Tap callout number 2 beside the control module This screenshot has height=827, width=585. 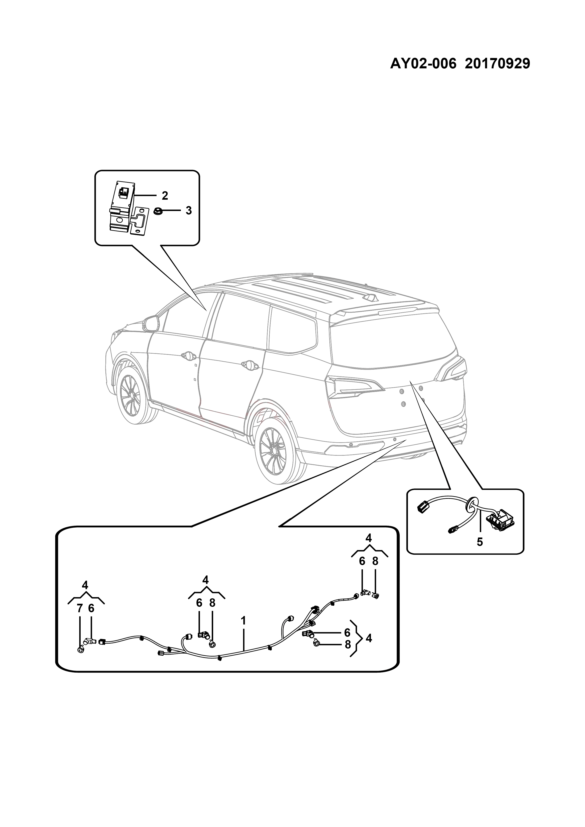tap(165, 196)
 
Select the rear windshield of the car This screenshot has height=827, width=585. tap(393, 342)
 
